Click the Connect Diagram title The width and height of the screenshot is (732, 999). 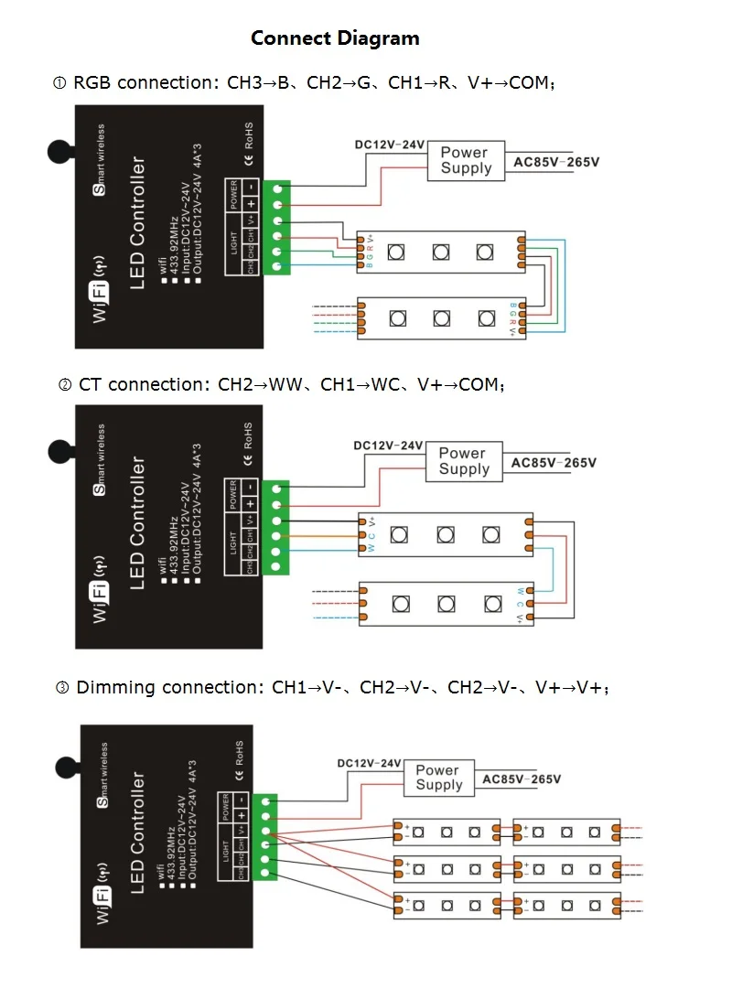[x=335, y=38]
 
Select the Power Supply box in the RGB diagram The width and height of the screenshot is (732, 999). [x=466, y=161]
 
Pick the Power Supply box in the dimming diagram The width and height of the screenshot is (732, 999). [x=438, y=778]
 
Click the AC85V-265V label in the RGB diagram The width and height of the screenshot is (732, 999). [x=556, y=163]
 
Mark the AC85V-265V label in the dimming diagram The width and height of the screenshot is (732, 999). [x=522, y=780]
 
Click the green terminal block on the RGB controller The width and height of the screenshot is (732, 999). [x=277, y=227]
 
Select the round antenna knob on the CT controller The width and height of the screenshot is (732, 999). [x=59, y=451]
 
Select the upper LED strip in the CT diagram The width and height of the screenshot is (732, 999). [x=445, y=533]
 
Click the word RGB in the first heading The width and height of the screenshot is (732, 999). [x=93, y=83]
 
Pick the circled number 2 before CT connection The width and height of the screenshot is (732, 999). [x=65, y=385]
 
